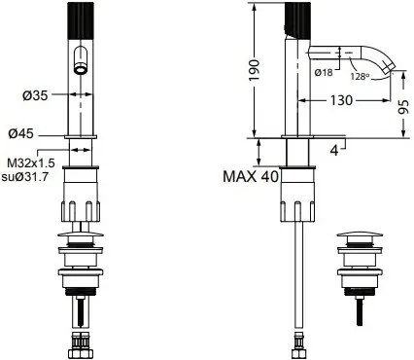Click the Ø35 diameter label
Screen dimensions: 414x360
coord(35,95)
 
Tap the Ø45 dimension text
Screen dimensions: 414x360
coord(21,133)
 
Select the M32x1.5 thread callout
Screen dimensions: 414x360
coord(32,162)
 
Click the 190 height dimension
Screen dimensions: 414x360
coord(255,70)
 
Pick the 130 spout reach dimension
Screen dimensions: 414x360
coord(341,100)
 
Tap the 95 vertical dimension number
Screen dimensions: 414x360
coord(403,107)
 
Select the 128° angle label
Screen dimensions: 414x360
coord(360,77)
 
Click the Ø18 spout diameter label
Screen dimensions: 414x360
coord(324,72)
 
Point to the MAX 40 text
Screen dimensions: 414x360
coord(251,176)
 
